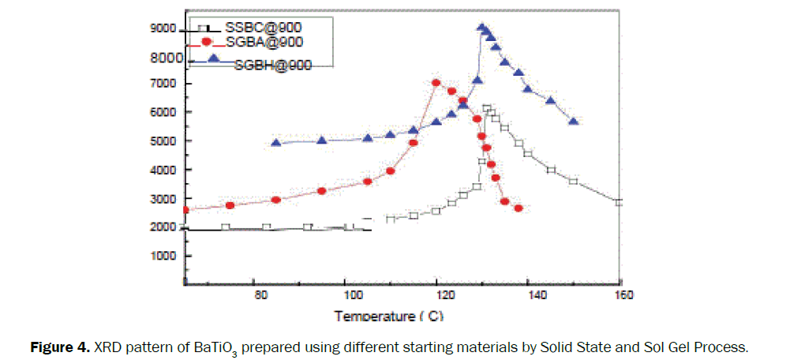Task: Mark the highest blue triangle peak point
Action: (481, 28)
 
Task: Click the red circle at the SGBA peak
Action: (436, 83)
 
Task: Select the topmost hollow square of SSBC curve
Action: (487, 109)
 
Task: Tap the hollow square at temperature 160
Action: (620, 202)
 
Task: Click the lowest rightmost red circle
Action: (519, 208)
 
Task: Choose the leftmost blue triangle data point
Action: (276, 143)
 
